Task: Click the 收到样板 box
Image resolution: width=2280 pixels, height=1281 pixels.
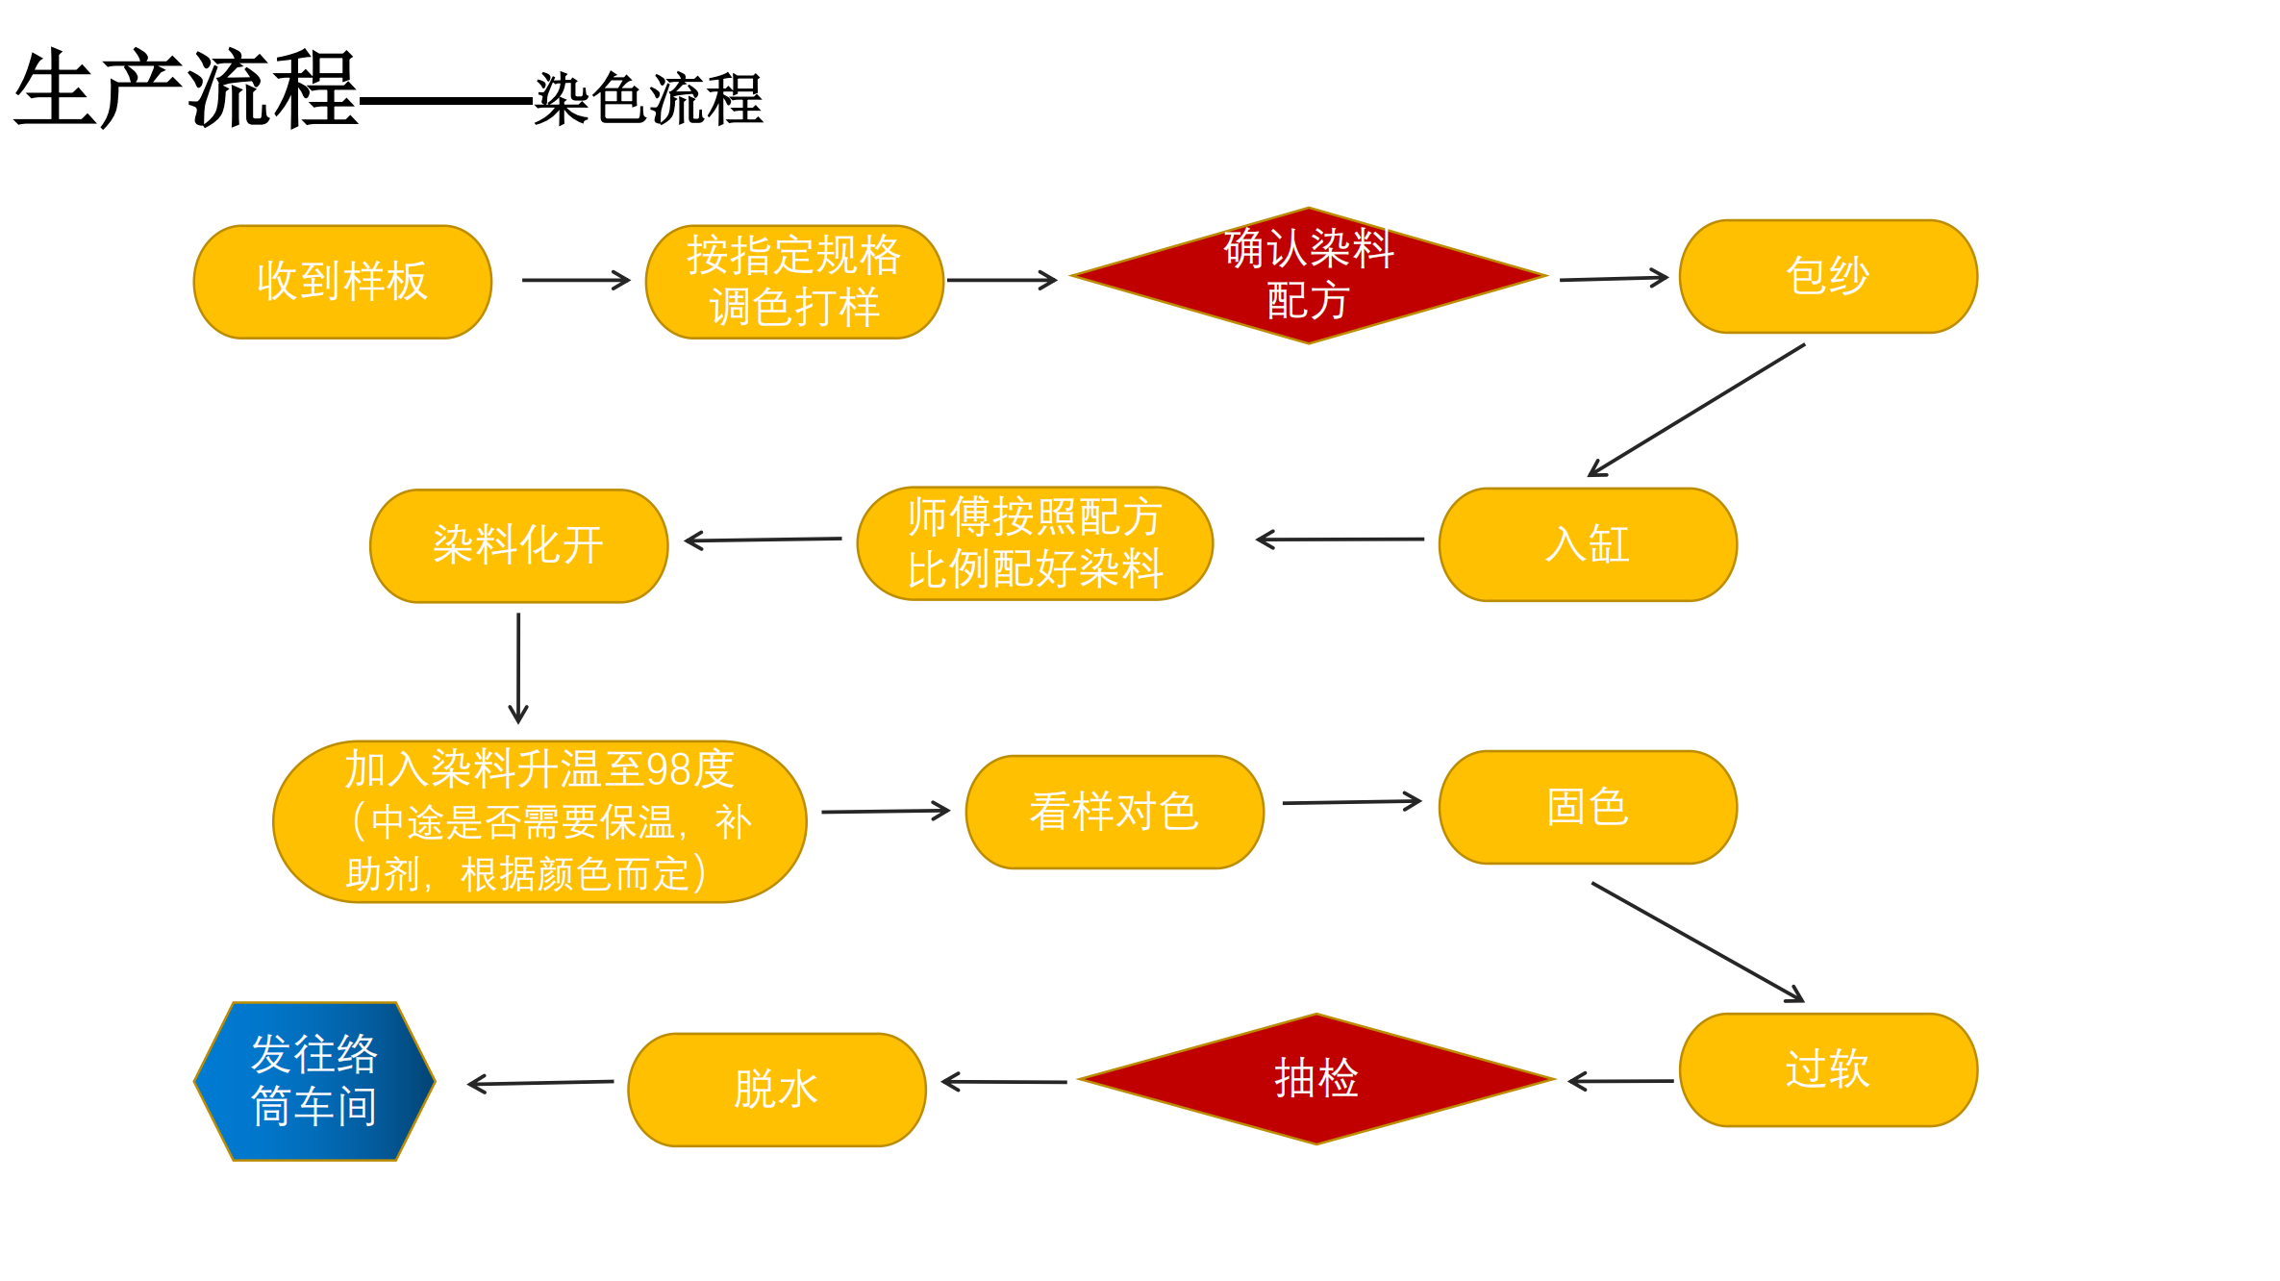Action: pos(342,282)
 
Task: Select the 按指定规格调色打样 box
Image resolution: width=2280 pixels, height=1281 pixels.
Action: pos(794,282)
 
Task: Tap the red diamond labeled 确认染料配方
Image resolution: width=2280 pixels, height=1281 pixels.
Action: pos(1308,275)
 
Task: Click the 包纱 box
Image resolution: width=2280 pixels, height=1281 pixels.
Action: pos(1827,277)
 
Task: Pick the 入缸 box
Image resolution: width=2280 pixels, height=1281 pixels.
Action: pos(1587,544)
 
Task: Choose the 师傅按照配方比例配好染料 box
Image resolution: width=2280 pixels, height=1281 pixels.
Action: pos(1035,543)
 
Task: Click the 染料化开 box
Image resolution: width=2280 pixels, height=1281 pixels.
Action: pos(518,546)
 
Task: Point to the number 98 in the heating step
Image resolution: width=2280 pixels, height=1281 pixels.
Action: pos(668,770)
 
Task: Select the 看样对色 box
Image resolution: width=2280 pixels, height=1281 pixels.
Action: pos(1114,812)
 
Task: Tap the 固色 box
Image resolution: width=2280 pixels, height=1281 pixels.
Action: pos(1587,807)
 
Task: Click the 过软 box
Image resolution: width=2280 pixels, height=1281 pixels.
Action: pos(1827,1069)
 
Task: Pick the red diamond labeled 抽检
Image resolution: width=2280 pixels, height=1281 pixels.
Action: pos(1315,1079)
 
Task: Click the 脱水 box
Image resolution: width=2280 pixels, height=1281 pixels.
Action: pos(776,1090)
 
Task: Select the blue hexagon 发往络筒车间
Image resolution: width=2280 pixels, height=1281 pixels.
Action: pos(314,1081)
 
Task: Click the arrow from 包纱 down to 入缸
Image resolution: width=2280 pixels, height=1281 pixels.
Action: pos(1696,410)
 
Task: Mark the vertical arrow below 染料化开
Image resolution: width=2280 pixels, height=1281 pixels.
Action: pos(518,667)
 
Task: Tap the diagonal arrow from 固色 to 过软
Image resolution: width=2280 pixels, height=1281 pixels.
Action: pos(1697,942)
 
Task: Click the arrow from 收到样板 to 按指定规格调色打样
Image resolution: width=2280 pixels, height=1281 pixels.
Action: pos(575,281)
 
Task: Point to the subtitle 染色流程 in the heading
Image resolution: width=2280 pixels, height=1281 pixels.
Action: pos(648,99)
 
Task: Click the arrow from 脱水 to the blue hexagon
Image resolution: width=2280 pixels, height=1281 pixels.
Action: pos(540,1083)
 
